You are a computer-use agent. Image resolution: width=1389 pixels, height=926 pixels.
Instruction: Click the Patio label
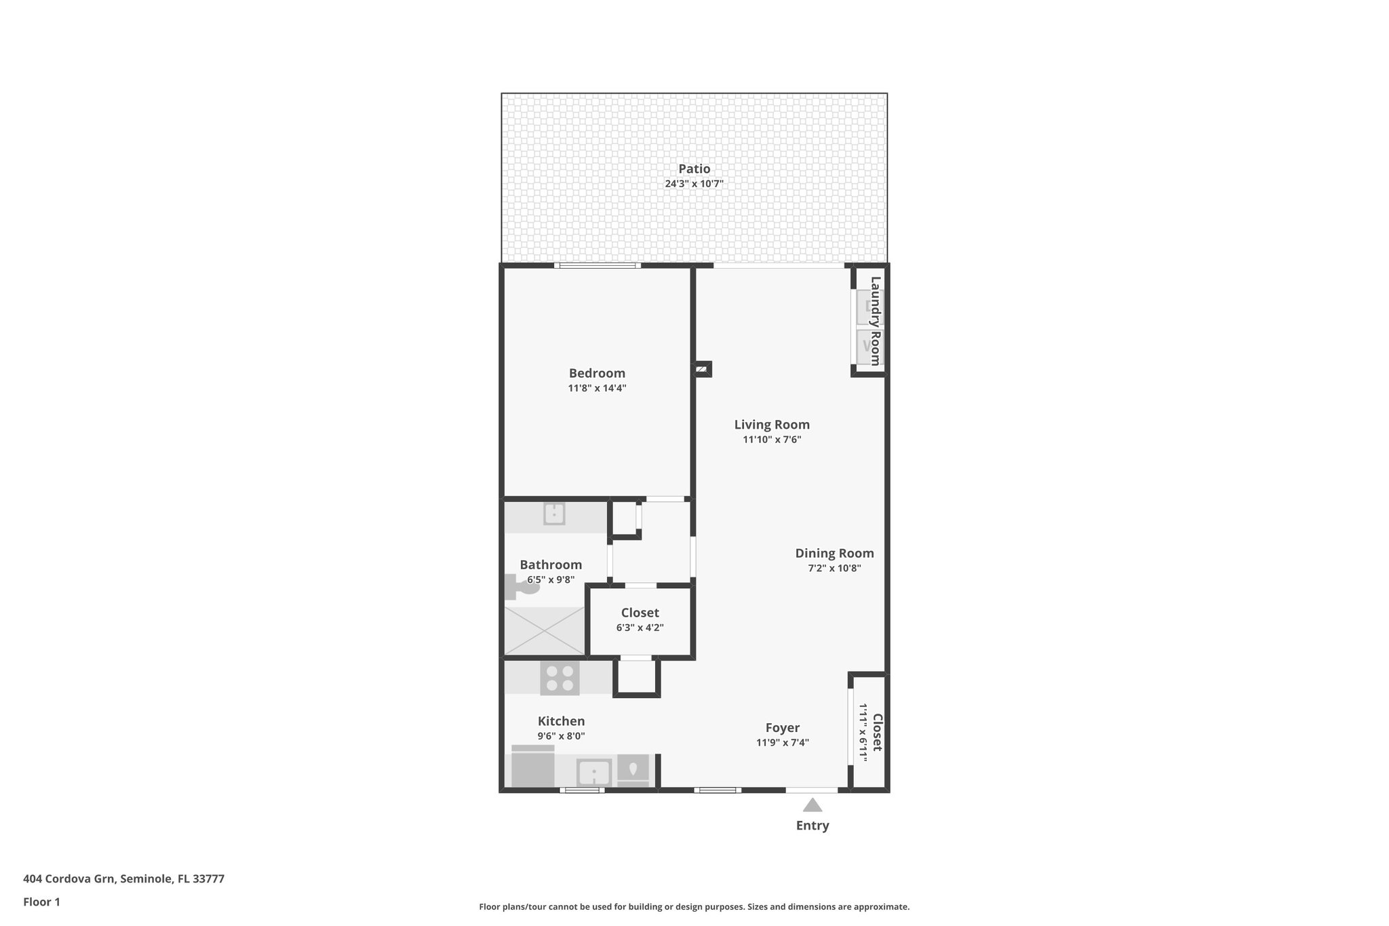coord(694,169)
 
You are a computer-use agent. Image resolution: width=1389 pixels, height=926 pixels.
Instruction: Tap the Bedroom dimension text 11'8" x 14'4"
coord(597,388)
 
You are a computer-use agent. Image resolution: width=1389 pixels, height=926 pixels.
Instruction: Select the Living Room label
coord(772,425)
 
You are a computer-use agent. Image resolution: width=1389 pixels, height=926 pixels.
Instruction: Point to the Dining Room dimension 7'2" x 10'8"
coord(834,568)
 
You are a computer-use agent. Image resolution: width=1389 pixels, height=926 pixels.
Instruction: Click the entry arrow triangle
coord(812,805)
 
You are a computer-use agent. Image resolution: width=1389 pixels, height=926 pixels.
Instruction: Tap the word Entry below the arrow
coord(812,826)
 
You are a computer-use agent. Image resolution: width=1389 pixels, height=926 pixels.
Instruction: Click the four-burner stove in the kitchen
coord(560,678)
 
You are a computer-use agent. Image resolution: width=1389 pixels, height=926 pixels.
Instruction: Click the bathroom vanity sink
coord(554,514)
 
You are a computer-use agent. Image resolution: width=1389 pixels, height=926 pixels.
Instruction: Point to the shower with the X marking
coord(544,631)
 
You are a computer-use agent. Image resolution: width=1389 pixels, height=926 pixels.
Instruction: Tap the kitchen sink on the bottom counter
coord(593,772)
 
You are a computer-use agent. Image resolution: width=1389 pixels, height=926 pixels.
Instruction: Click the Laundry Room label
coord(876,320)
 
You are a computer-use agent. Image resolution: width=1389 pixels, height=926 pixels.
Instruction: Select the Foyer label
coord(782,728)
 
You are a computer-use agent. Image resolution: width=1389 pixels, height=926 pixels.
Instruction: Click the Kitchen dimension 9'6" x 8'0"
coord(561,736)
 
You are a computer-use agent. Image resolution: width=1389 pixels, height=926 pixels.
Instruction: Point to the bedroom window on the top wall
coord(597,266)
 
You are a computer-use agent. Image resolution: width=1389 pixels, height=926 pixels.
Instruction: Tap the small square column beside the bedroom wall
coord(702,369)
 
